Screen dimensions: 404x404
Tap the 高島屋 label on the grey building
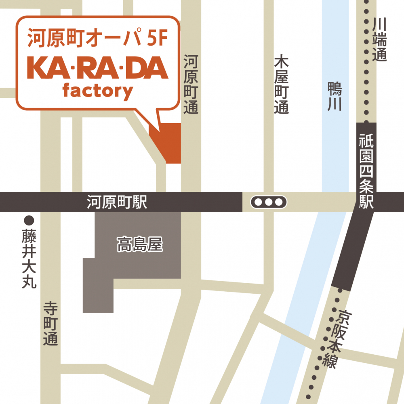(140, 245)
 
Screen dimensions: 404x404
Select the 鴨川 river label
(335, 96)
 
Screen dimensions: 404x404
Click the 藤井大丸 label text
(29, 259)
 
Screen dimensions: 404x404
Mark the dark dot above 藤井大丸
(29, 221)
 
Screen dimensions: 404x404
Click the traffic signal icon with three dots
(269, 202)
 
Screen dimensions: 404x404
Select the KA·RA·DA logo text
(97, 68)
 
